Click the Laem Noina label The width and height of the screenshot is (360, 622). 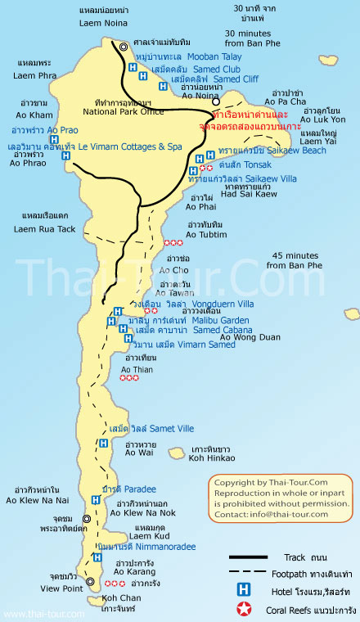[x=101, y=23]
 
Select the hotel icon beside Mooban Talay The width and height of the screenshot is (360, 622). [x=132, y=67]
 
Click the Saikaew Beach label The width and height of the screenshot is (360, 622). [x=284, y=151]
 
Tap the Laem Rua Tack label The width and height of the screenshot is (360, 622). [x=44, y=229]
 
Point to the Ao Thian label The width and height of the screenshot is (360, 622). [x=137, y=369]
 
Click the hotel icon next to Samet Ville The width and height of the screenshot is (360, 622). [x=103, y=443]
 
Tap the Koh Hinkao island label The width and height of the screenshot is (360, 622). [x=214, y=460]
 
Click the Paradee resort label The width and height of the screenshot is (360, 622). [x=118, y=489]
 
